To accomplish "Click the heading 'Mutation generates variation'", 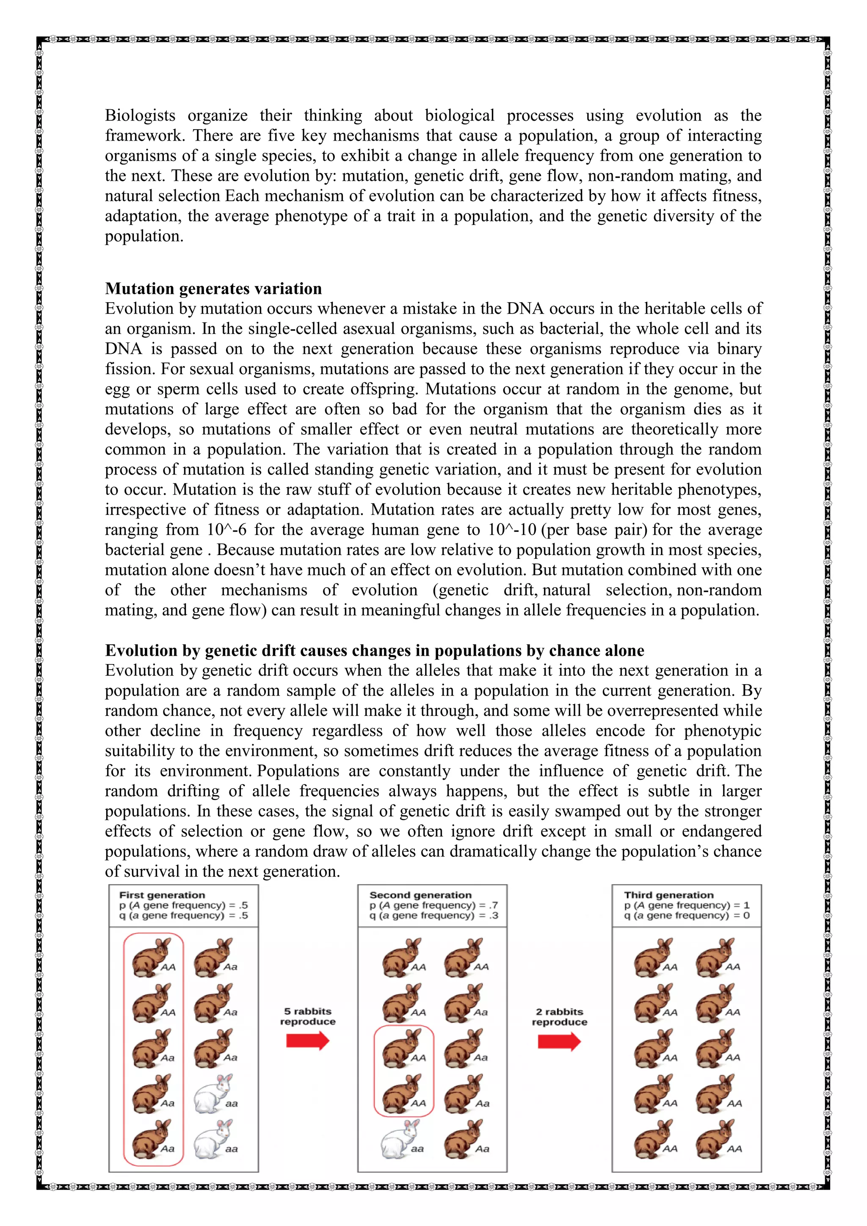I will (x=213, y=289).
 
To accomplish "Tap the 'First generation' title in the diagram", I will (x=162, y=895).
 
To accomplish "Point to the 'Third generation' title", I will (x=668, y=895).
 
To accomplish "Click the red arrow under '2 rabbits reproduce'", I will (x=559, y=1041).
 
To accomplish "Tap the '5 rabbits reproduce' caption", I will (x=307, y=1016).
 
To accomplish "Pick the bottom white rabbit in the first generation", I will (x=213, y=1138).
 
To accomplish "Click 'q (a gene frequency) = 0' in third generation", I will (x=687, y=915).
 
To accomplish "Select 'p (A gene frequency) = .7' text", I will (x=433, y=905).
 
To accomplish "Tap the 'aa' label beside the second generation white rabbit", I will (x=417, y=1149).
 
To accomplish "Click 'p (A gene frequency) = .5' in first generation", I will (x=183, y=905).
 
